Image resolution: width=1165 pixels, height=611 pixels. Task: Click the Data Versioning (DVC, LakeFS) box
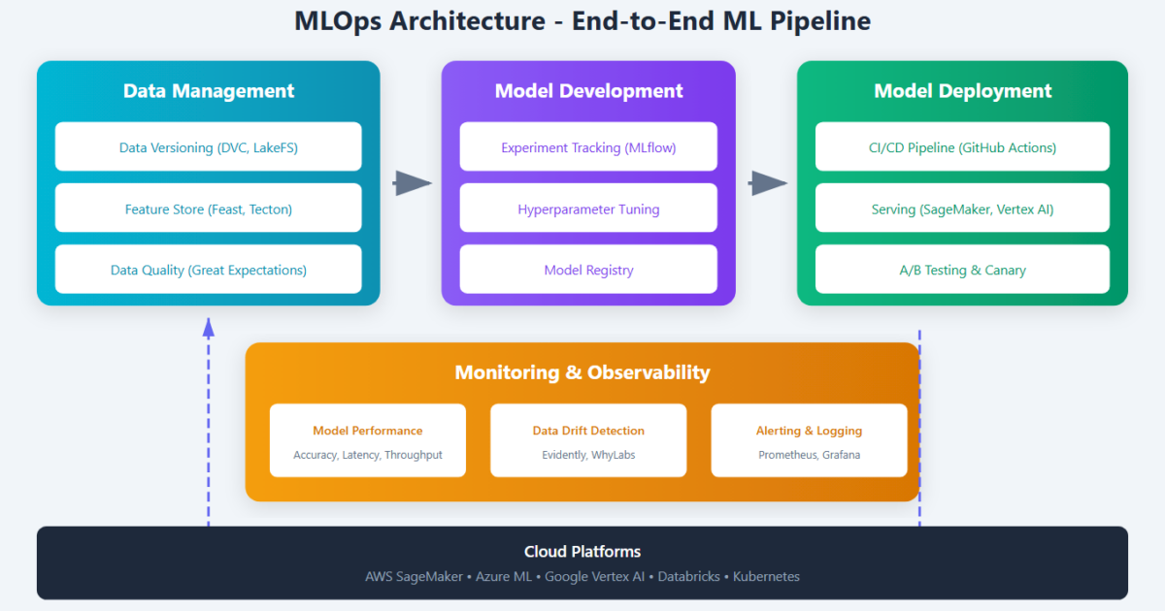208,147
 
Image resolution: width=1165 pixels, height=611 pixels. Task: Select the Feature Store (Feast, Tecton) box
208,209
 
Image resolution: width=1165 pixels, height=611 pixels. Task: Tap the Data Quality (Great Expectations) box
208,270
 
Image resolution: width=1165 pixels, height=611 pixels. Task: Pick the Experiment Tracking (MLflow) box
588,147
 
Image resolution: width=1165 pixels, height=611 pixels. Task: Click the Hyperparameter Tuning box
588,209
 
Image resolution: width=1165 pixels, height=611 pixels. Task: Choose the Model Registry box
588,270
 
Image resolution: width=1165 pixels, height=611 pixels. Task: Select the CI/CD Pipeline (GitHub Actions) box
962,147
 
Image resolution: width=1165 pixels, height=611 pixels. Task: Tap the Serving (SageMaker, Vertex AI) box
962,209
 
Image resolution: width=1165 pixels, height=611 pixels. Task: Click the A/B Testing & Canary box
962,270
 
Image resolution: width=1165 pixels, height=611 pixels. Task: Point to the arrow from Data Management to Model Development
412,183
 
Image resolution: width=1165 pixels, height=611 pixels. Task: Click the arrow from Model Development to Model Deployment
768,183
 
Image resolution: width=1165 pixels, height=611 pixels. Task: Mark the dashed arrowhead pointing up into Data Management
208,327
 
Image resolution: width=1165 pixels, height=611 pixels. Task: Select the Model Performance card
368,440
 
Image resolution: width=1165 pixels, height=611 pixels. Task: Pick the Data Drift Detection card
588,440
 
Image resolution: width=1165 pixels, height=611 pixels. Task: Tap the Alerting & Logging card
809,440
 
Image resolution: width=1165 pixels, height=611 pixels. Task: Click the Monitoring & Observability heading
582,372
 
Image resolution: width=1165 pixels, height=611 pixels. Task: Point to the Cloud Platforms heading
582,552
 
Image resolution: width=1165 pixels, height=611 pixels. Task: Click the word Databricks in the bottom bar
688,576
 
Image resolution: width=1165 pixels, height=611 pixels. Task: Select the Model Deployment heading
962,91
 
